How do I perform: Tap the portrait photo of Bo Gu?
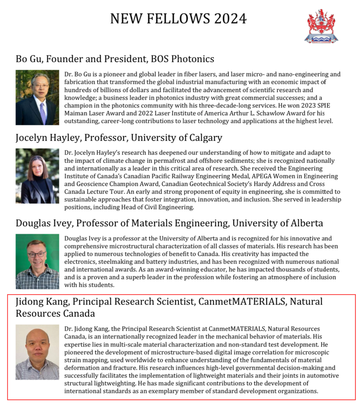[x=37, y=97]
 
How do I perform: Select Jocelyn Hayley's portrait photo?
[x=37, y=176]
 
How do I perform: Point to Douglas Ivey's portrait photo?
[x=37, y=261]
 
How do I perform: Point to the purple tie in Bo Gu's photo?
[x=43, y=112]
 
